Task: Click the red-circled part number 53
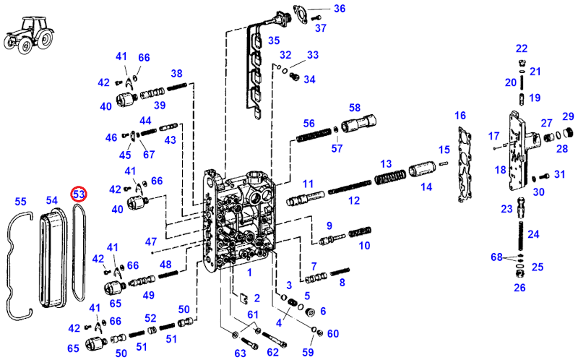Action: tap(79, 194)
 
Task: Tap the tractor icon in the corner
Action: tap(28, 35)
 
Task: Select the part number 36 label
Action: tap(340, 9)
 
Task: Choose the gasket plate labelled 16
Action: tap(465, 165)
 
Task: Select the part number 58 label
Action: tap(355, 108)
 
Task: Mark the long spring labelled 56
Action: tap(314, 134)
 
